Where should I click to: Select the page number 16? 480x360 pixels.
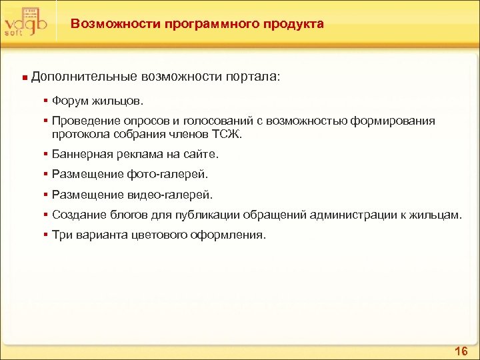[461, 351]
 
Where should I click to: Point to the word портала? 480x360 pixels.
[253, 78]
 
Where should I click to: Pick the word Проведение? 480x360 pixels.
[83, 121]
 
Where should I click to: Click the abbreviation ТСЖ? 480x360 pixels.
[227, 134]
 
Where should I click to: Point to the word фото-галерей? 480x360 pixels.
[176, 175]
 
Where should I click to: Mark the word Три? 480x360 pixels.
[61, 235]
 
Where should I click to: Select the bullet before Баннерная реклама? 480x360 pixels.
[45, 154]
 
